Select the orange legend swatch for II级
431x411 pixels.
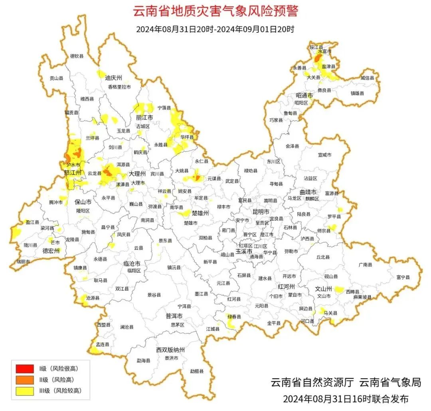(x=24, y=379)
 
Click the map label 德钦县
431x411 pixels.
(x=77, y=56)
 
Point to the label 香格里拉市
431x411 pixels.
(x=119, y=87)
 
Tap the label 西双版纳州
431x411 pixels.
(x=170, y=350)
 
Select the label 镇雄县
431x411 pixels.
(x=358, y=93)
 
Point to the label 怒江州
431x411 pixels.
(x=73, y=173)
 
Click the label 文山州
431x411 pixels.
(x=324, y=289)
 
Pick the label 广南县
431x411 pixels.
(x=365, y=264)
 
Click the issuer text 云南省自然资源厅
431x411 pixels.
(x=312, y=383)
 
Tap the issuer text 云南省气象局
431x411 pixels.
(x=390, y=383)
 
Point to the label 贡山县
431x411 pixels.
(x=56, y=78)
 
